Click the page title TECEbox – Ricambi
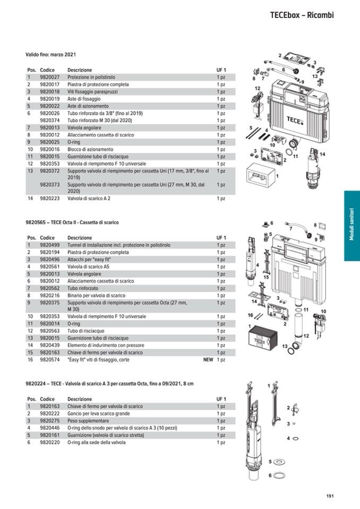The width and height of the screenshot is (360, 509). pos(301,15)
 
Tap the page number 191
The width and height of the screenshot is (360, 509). pos(330,496)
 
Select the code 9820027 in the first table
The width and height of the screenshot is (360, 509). pos(49,77)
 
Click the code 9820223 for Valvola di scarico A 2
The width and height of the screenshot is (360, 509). pos(49,199)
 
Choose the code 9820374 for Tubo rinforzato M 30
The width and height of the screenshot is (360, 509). pos(49,120)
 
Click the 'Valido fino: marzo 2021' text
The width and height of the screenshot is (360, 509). pos(51,55)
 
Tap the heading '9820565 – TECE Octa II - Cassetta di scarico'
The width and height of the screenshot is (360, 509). pos(72,222)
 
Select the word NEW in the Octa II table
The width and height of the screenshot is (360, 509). pos(208,359)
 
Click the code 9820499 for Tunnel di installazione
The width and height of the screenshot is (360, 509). pos(49,245)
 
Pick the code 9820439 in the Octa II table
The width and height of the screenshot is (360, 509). pos(49,345)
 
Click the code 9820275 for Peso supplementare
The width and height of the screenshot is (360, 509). pos(49,420)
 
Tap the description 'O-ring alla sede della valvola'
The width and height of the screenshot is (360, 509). pos(96,442)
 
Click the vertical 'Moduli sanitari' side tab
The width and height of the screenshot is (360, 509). pos(352,226)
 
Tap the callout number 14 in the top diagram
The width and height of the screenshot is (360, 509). pos(322,154)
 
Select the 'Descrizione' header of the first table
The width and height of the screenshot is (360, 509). pos(80,70)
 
